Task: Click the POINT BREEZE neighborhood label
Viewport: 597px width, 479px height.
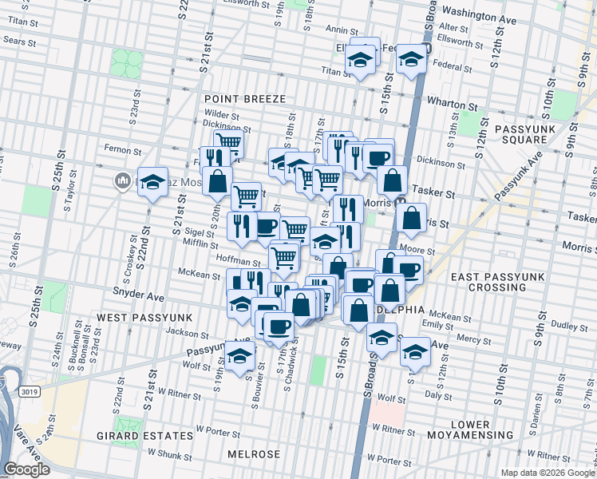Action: tap(239, 98)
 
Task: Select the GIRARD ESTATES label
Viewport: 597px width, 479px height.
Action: tap(155, 436)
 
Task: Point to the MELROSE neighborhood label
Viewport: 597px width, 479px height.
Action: tap(254, 454)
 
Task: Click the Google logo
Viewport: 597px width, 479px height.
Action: tap(27, 469)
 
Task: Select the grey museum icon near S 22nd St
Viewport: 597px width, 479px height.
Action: tap(122, 181)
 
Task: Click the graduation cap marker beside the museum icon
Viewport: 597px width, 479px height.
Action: tap(152, 183)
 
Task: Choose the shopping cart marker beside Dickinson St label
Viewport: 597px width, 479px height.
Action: tap(228, 144)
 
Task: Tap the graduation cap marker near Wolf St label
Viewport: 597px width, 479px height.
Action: tap(239, 357)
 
